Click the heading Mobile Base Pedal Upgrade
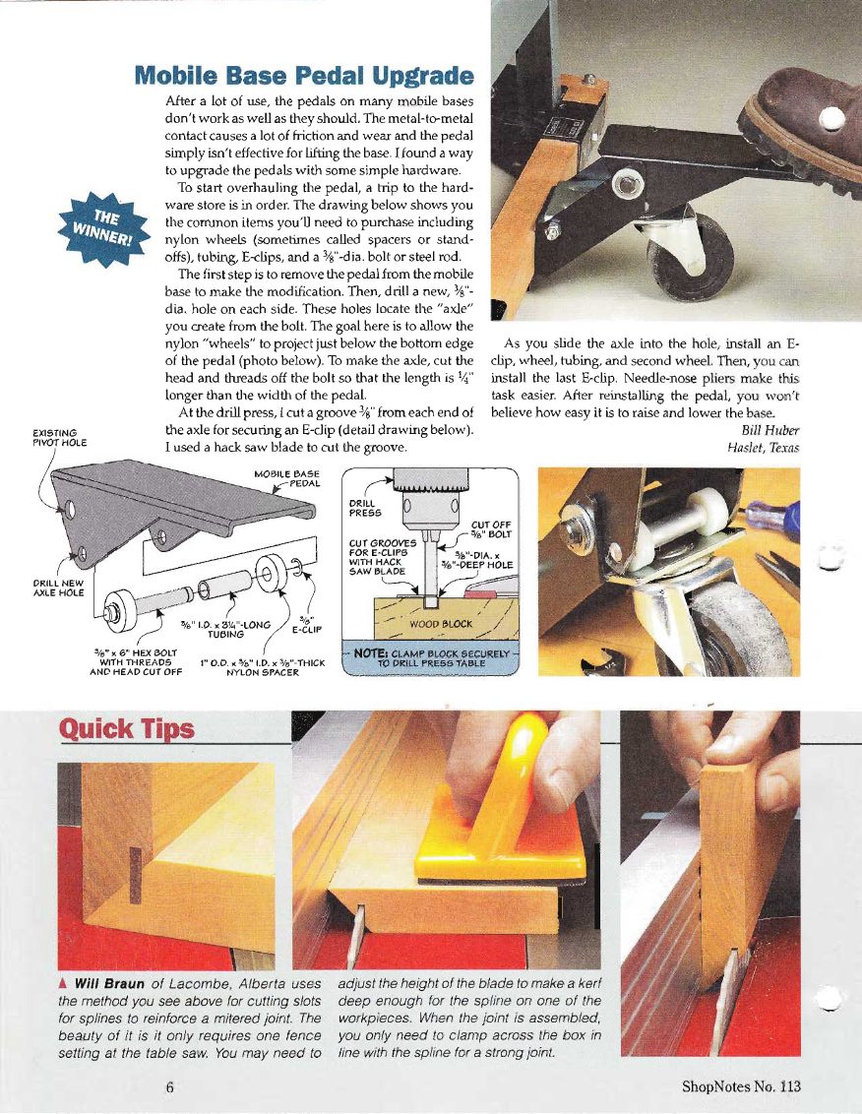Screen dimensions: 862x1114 pos(303,76)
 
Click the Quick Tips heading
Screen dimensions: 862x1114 pos(126,729)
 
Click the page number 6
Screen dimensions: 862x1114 pos(170,1087)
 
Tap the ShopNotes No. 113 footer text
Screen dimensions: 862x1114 pos(741,1086)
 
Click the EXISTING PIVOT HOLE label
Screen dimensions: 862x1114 pos(60,438)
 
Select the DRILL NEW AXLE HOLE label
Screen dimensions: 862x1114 pos(58,588)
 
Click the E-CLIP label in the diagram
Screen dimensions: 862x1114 pos(307,624)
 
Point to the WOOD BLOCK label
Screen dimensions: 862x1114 pos(441,624)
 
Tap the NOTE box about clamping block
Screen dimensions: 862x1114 pos(431,658)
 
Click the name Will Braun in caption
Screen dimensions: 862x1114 pos(109,984)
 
